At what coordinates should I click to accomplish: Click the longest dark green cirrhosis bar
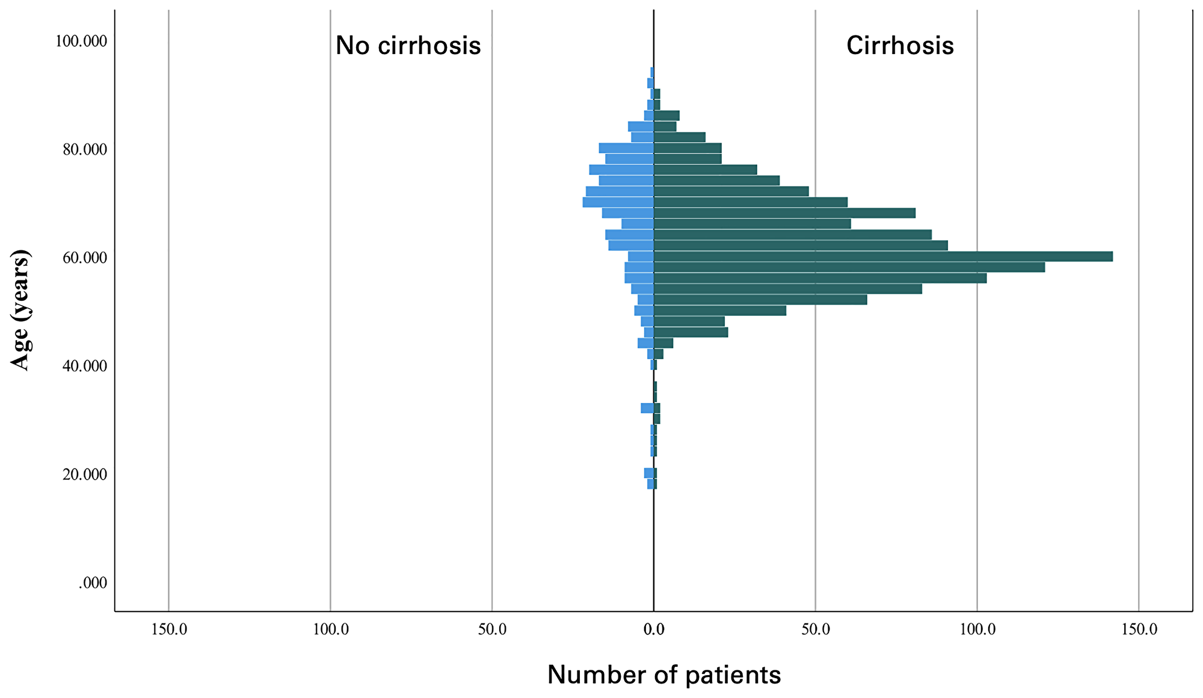point(883,256)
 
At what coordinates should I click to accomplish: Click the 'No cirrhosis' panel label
point(408,46)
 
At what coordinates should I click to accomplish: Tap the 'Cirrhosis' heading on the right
point(900,46)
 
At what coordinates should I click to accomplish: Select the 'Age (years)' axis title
point(20,310)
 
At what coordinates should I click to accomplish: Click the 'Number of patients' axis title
point(664,675)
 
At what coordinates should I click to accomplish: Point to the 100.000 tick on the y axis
point(81,41)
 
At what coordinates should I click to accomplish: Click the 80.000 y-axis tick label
point(85,149)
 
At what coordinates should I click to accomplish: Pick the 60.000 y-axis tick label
point(85,258)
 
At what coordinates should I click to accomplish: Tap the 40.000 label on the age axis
point(85,366)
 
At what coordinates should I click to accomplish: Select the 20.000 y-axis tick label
point(85,474)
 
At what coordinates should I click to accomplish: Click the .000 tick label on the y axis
point(93,582)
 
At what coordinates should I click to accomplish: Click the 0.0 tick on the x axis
point(654,629)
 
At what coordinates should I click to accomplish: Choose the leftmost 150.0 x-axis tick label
point(169,629)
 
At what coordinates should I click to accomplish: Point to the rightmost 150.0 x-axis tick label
point(1139,629)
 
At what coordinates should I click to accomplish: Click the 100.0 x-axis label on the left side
point(331,629)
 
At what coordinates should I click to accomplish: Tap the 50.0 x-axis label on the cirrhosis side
point(816,629)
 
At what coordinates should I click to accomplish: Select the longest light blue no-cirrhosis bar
point(618,202)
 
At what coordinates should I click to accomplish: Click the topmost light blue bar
point(651,72)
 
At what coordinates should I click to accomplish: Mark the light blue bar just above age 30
point(647,408)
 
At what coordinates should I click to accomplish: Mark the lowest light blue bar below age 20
point(650,484)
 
